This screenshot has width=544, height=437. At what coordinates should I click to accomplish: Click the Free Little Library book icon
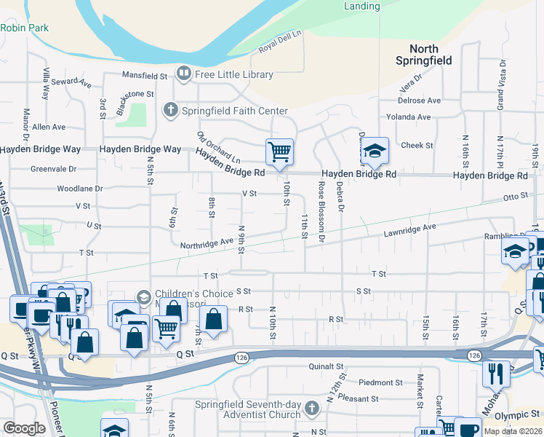coord(183,74)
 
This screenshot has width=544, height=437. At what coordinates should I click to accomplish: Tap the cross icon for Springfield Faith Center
coord(170,111)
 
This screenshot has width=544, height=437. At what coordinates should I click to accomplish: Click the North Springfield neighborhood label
coord(425,54)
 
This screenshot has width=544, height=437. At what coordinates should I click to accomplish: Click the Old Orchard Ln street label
coord(218,146)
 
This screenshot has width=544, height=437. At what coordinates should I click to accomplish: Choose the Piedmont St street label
coord(380,382)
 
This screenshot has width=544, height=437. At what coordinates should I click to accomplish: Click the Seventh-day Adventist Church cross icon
coord(312,406)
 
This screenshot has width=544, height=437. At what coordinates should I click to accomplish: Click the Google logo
coord(25,428)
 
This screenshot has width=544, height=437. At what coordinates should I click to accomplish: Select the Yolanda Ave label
coord(409,117)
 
